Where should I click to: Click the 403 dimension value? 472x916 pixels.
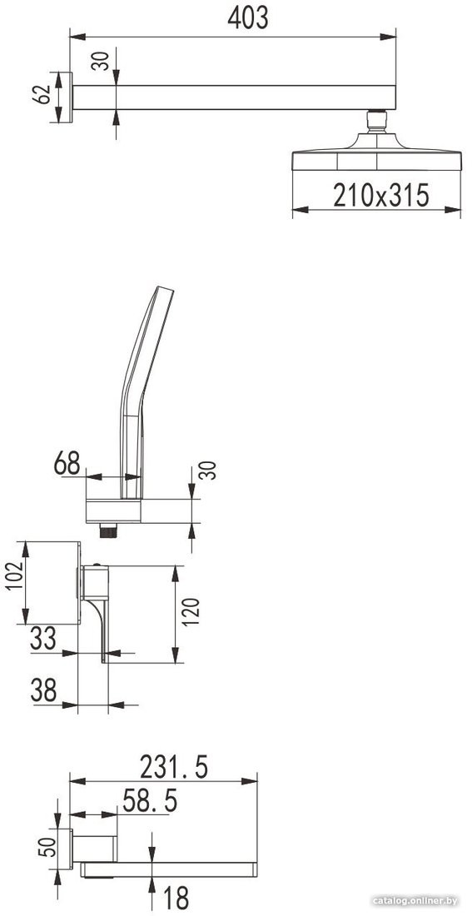[x=248, y=18]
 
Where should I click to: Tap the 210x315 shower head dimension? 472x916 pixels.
[x=381, y=195]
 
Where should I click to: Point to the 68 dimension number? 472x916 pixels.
[x=67, y=464]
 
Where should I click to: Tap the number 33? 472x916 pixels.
[x=43, y=638]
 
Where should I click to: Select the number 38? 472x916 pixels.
[x=44, y=690]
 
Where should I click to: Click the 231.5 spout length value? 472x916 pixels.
[x=174, y=767]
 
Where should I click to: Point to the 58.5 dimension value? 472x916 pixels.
[x=150, y=801]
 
